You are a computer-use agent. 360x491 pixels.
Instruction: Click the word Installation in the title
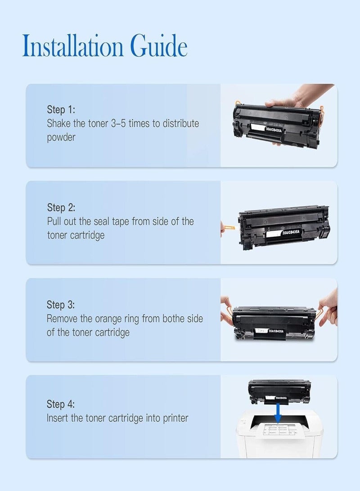73,47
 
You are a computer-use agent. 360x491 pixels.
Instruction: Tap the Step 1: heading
61,110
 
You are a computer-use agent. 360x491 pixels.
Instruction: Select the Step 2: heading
61,207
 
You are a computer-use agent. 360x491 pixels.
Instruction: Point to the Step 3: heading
61,305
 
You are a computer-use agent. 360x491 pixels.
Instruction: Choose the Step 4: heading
61,404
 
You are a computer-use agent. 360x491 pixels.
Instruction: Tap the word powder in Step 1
61,138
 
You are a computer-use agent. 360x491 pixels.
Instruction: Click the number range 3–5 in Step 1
119,123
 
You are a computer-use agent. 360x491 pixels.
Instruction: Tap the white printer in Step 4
279,437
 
